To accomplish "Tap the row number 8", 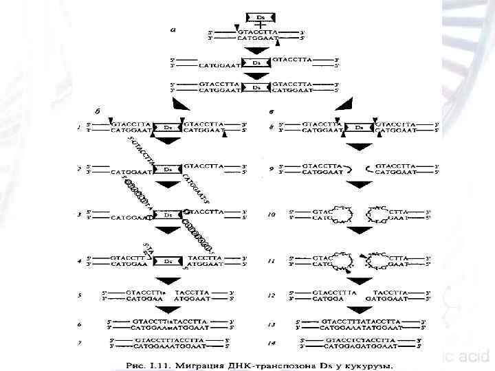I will point(272,127).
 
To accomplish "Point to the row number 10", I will point(272,214).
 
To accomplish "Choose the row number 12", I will point(272,295).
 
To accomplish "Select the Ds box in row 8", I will point(359,127).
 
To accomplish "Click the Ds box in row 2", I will point(168,168).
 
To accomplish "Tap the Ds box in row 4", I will point(168,261).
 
